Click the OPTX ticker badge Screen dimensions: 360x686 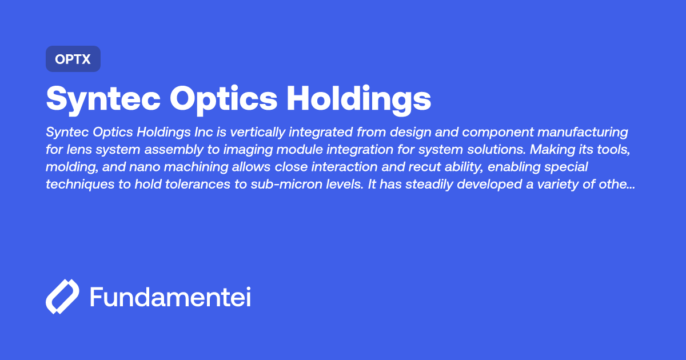pyautogui.click(x=73, y=59)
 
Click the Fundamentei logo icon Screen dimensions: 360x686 pyautogui.click(x=62, y=297)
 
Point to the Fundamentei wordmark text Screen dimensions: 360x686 pyautogui.click(x=170, y=297)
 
